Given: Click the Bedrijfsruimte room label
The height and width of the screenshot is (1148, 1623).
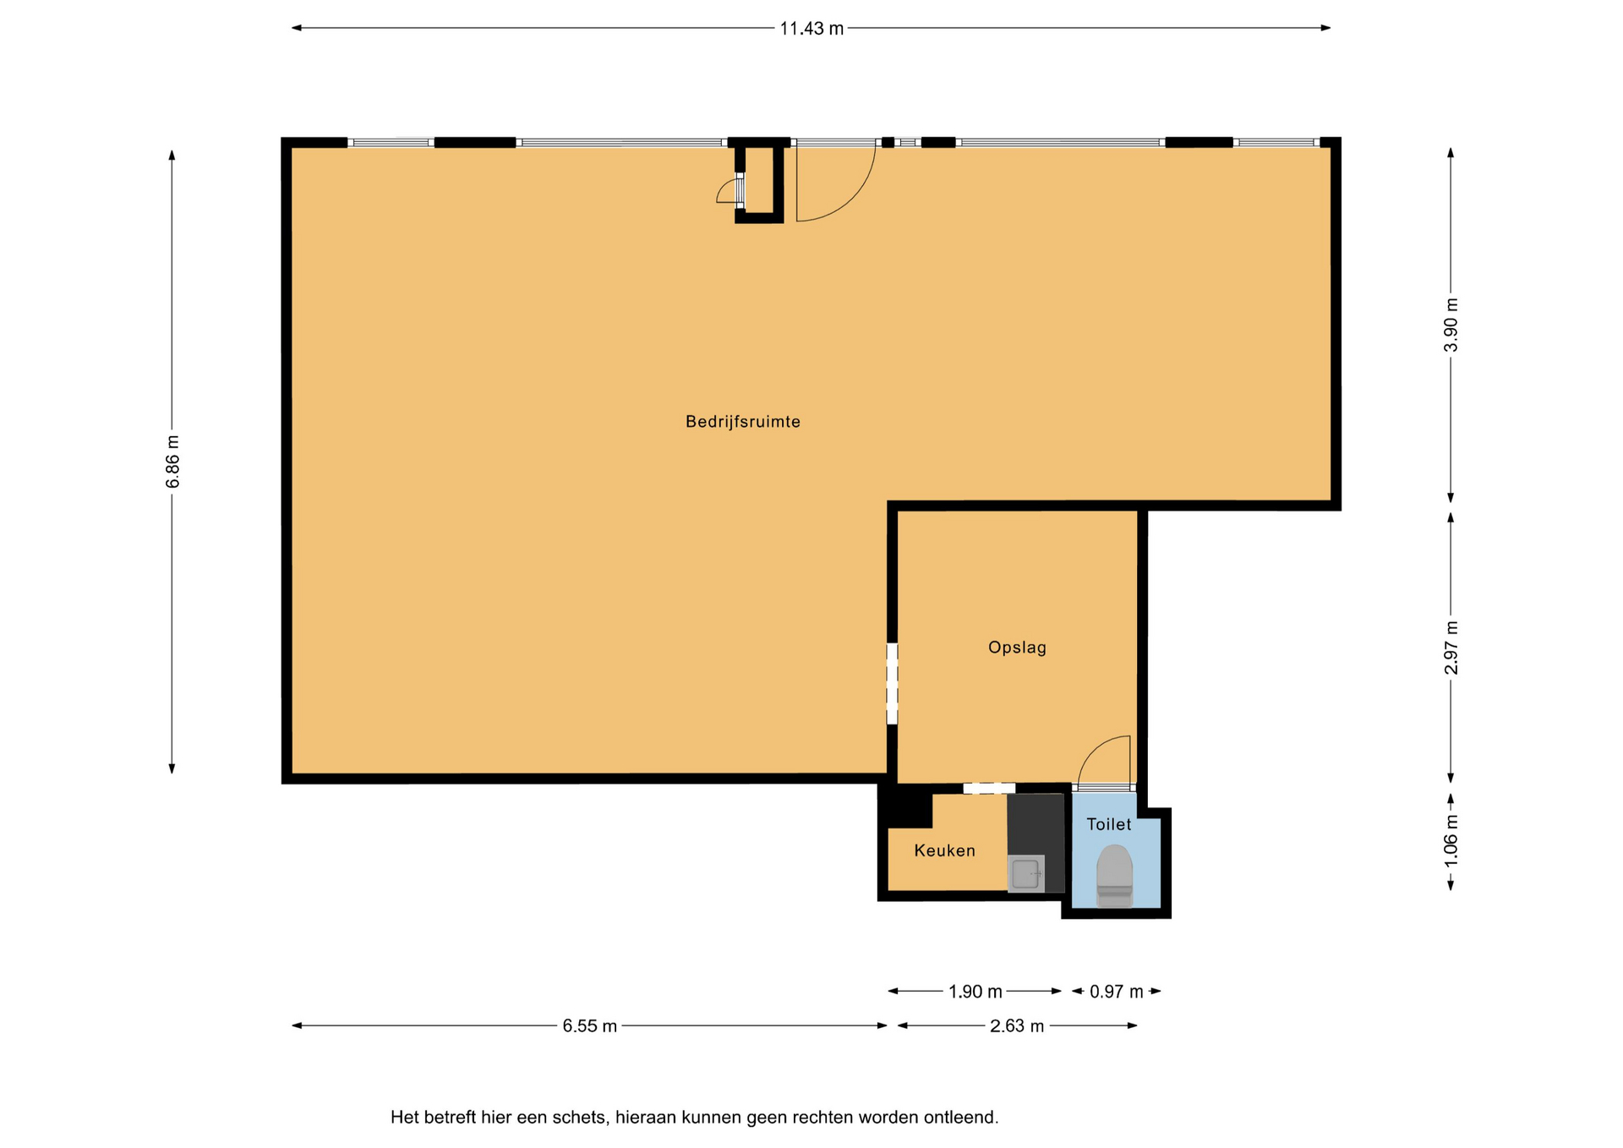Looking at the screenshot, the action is pyautogui.click(x=742, y=421).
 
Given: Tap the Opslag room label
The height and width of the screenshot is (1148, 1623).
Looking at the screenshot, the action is pyautogui.click(x=1017, y=648).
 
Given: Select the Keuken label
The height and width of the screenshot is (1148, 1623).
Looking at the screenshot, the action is pyautogui.click(x=944, y=850).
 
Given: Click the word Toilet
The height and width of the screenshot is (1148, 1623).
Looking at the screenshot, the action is pyautogui.click(x=1108, y=824).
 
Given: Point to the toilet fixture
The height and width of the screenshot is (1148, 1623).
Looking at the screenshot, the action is pyautogui.click(x=1114, y=876).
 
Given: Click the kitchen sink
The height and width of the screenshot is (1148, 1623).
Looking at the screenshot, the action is pyautogui.click(x=1026, y=873).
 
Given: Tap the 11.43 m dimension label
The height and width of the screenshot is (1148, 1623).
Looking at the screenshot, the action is pyautogui.click(x=811, y=29).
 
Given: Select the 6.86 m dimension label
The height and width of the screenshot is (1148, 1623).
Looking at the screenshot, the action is pyautogui.click(x=172, y=462).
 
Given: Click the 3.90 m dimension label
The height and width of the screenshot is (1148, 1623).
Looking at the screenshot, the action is pyautogui.click(x=1451, y=325).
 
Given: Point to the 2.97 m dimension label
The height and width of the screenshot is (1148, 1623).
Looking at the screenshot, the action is pyautogui.click(x=1451, y=648).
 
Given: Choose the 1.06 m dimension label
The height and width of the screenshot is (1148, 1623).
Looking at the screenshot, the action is pyautogui.click(x=1451, y=840).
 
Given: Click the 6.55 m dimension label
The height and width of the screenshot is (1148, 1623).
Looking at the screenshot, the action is pyautogui.click(x=590, y=1026).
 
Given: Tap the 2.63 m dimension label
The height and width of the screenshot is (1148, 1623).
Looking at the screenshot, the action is pyautogui.click(x=1017, y=1026).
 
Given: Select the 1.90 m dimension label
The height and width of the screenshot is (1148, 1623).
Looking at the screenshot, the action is pyautogui.click(x=975, y=992).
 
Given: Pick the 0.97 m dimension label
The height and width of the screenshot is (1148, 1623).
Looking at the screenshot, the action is pyautogui.click(x=1116, y=992).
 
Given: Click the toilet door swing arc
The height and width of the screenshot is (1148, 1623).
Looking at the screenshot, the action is pyautogui.click(x=1094, y=750).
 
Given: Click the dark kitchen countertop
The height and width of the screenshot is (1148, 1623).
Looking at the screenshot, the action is pyautogui.click(x=1036, y=825).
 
